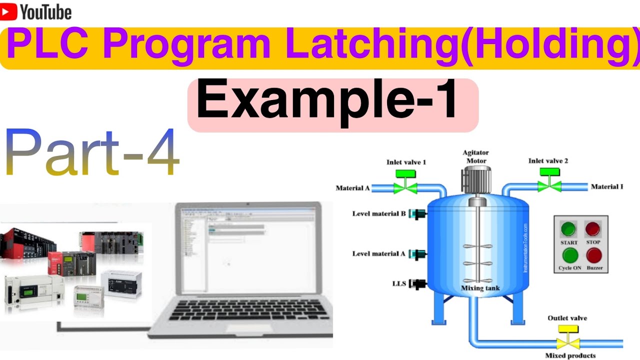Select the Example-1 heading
327,102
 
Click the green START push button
568,229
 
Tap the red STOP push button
593,229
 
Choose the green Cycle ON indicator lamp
569,255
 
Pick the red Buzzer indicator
594,255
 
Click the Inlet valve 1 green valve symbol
405,187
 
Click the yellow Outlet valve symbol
568,343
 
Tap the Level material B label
379,214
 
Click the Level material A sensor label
379,253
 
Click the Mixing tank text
480,288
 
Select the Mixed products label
570,355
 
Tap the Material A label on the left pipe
352,188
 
